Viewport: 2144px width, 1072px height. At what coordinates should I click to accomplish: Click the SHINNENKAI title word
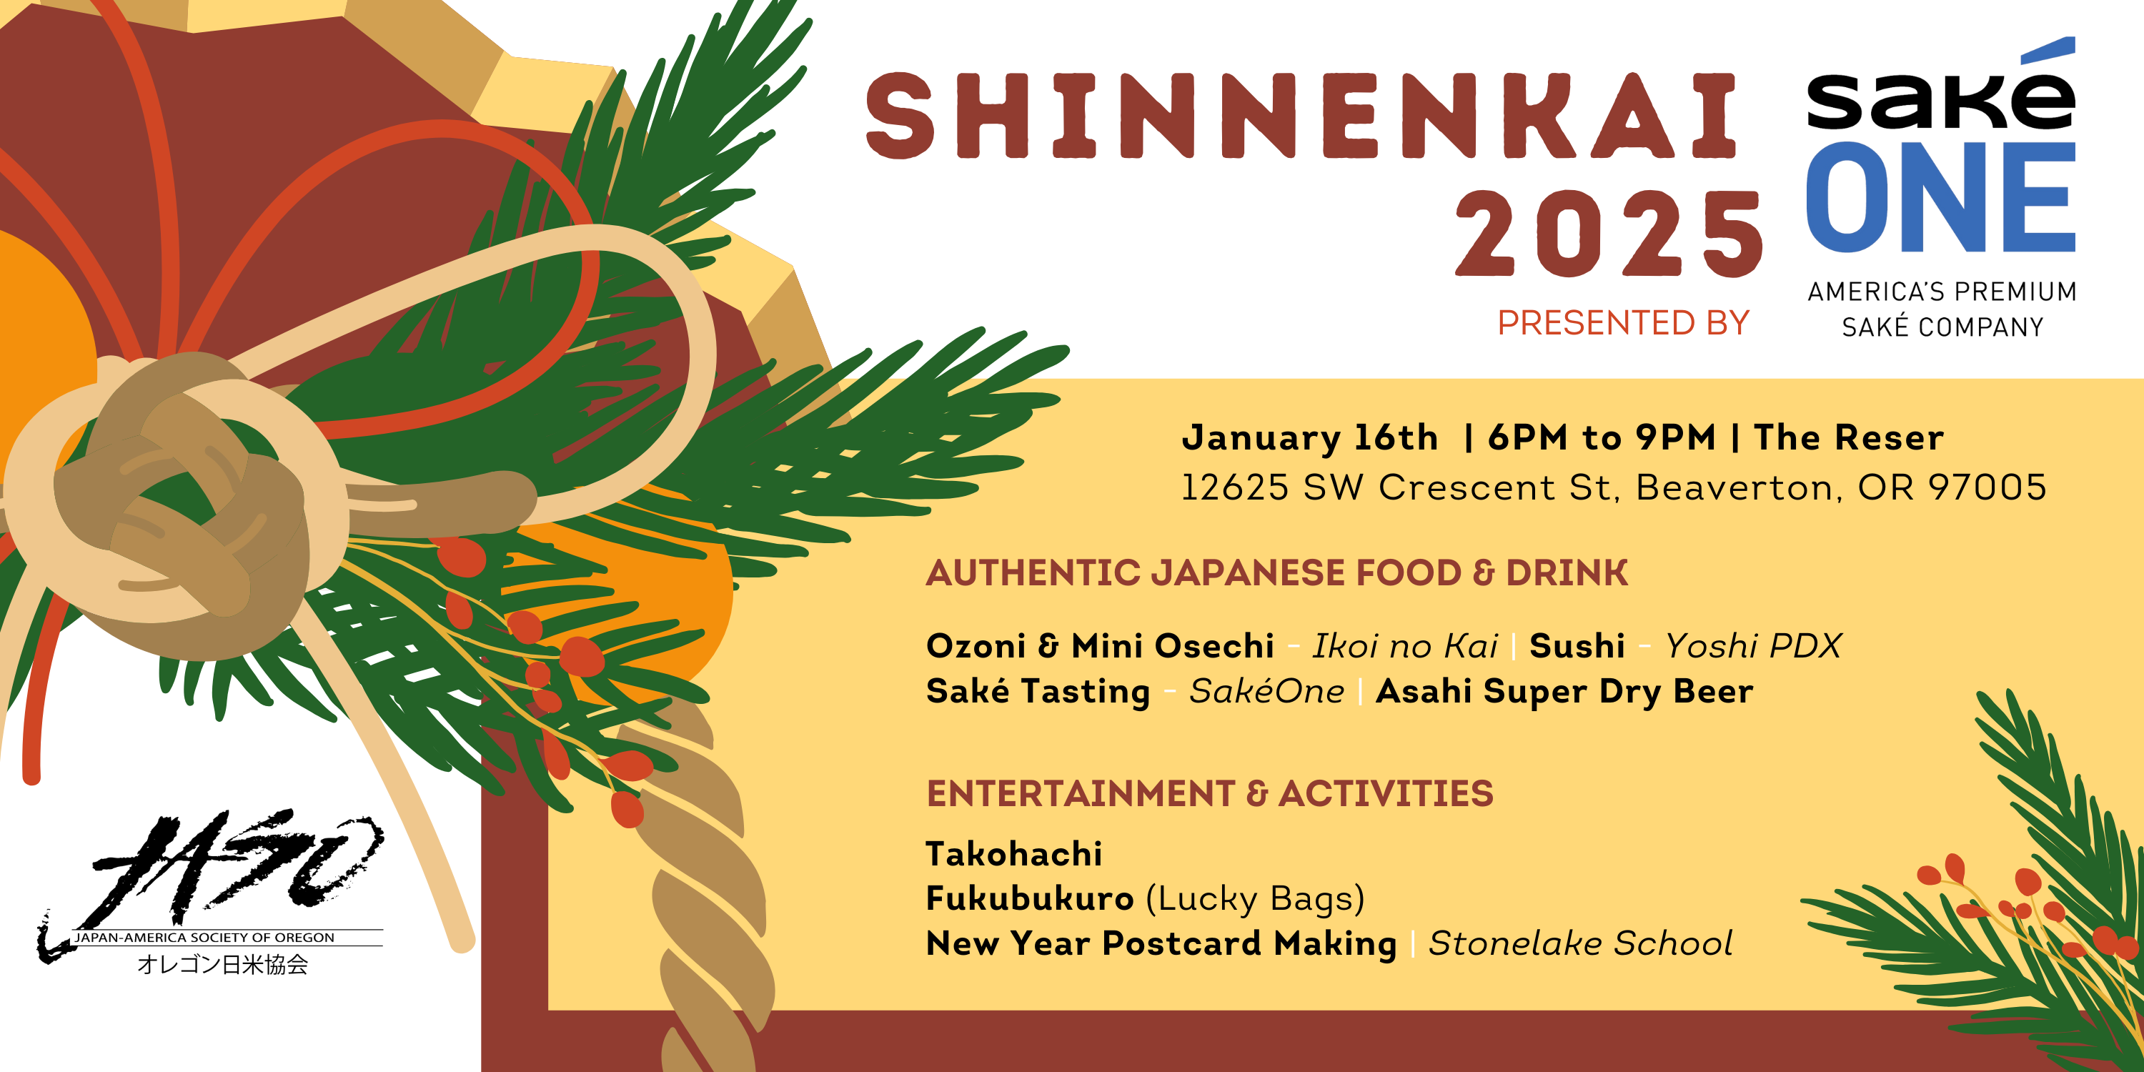[1301, 115]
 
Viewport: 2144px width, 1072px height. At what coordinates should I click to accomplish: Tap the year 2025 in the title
[1609, 233]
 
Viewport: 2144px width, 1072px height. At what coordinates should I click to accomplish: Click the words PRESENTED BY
[1623, 323]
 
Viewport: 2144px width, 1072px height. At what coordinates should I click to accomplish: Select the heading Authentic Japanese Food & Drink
[1276, 573]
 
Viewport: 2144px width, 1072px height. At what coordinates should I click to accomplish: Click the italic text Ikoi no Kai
[1405, 646]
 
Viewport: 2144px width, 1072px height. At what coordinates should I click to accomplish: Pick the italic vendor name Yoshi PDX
[1753, 646]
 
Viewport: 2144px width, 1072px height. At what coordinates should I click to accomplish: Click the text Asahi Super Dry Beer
[1564, 692]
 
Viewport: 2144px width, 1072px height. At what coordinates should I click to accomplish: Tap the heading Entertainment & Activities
[1210, 794]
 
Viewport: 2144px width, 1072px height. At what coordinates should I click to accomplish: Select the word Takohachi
[1013, 854]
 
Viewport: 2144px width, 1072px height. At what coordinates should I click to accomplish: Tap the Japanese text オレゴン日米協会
[222, 964]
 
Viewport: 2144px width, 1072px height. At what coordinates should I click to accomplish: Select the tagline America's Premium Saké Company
[1942, 309]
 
